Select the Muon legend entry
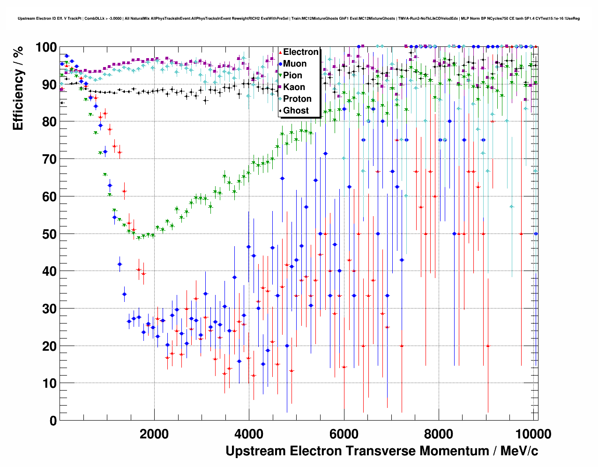(295, 64)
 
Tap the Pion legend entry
(292, 75)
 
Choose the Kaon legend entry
(294, 87)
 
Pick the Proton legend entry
(297, 99)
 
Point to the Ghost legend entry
(296, 111)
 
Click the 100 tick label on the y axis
(46, 47)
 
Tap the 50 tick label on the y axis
(49, 234)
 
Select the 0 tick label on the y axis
(53, 421)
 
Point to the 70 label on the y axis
(49, 159)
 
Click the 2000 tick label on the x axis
(154, 434)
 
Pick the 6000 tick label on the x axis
(344, 434)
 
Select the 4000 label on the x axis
(249, 434)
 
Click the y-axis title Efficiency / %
(18, 88)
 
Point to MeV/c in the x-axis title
(519, 451)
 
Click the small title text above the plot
(299, 18)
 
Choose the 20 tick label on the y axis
(49, 346)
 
